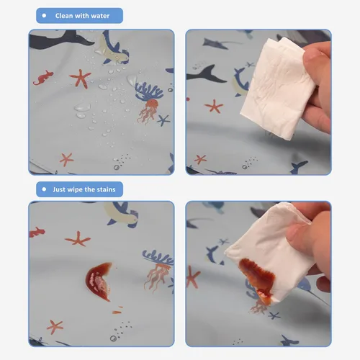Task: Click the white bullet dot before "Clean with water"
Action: tap(45, 15)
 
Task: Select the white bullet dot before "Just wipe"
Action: tap(45, 189)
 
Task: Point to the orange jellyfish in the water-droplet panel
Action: tap(147, 112)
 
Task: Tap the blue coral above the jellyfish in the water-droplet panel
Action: tap(148, 91)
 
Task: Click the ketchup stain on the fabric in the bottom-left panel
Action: tap(99, 280)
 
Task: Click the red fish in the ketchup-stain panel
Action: tap(37, 232)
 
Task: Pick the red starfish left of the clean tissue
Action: tap(213, 106)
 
